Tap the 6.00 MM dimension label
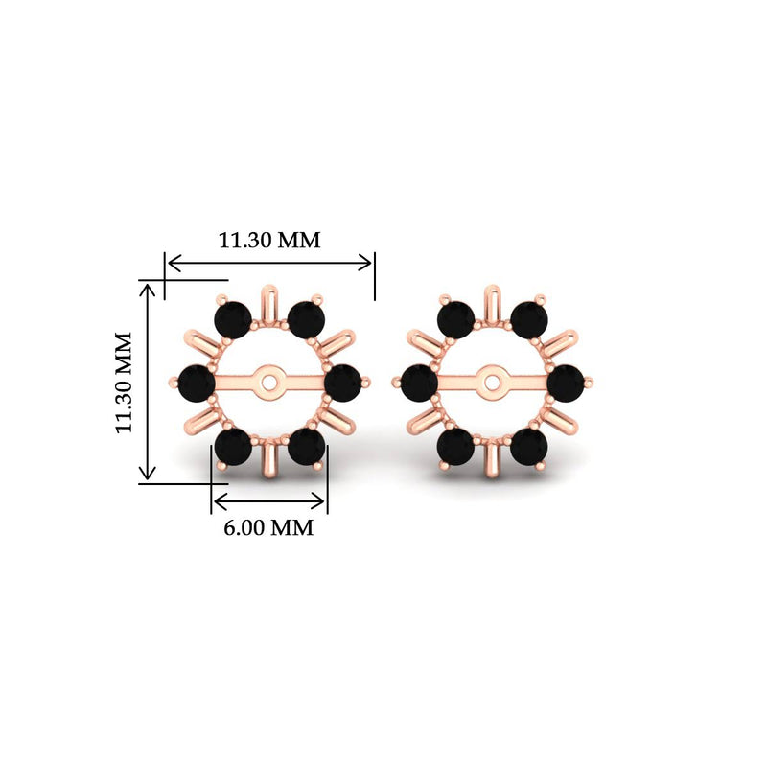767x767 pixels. point(269,527)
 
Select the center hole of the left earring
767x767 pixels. point(269,383)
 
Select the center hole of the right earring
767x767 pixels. point(493,383)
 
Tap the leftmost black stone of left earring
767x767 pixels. point(198,383)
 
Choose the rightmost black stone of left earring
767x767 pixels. point(342,383)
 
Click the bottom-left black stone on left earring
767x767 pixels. point(233,446)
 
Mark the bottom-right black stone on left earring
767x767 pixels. point(306,446)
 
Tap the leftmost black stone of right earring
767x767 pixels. point(419,383)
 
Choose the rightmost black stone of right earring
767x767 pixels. point(566,383)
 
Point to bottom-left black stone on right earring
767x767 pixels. point(456,446)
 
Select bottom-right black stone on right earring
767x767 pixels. point(529,446)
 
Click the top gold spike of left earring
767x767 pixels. point(269,299)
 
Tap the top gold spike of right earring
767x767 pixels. point(493,299)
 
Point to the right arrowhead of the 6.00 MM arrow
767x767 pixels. point(321,500)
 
